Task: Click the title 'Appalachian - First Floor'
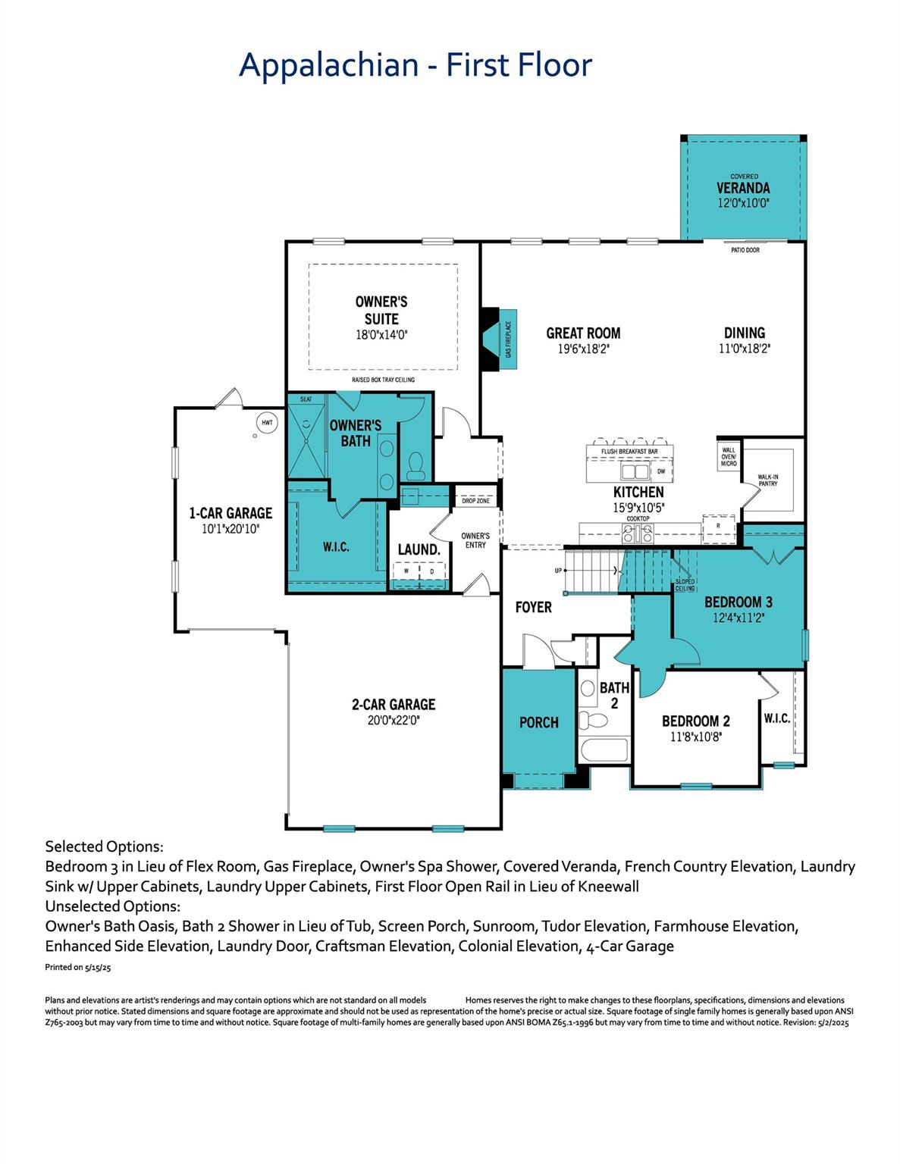415,65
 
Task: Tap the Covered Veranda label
743,188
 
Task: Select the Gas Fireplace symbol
500,339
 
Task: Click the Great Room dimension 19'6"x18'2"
583,349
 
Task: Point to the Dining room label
744,333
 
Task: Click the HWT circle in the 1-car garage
266,422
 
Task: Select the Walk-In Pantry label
767,480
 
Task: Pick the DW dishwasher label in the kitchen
660,471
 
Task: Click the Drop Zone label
475,501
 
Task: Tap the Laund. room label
419,549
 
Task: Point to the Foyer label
533,607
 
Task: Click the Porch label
538,722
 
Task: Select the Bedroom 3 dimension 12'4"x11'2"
738,618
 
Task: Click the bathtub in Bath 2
604,753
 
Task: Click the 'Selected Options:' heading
104,846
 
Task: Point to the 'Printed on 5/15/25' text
78,968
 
